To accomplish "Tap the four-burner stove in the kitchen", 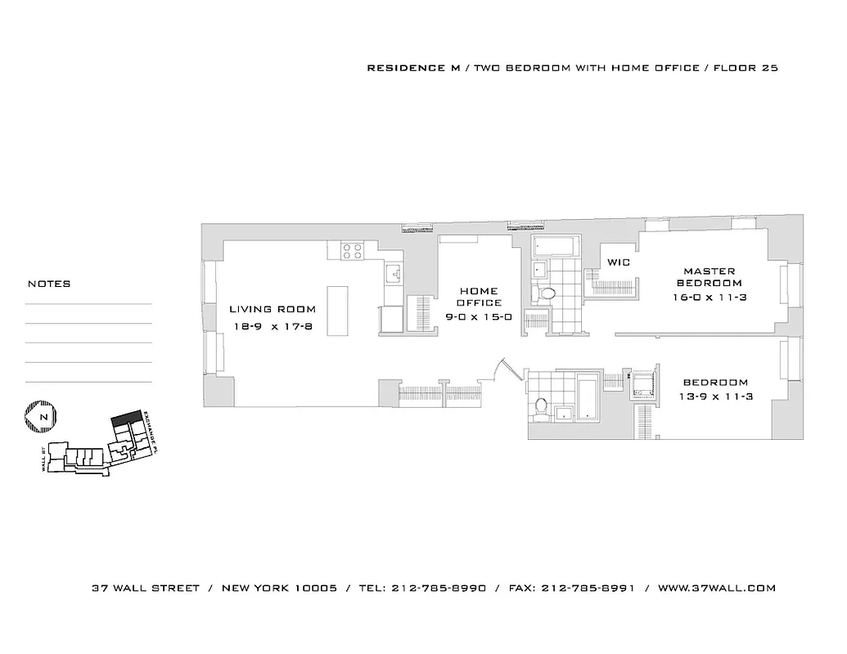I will [353, 251].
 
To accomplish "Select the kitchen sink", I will [392, 272].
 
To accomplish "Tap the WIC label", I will [618, 262].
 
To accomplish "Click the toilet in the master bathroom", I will [545, 292].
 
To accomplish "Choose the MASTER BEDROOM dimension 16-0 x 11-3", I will [710, 298].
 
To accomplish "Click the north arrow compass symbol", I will [39, 416].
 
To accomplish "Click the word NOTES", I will [49, 284].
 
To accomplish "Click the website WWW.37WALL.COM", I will [716, 588].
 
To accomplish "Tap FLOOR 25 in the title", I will [746, 68].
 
